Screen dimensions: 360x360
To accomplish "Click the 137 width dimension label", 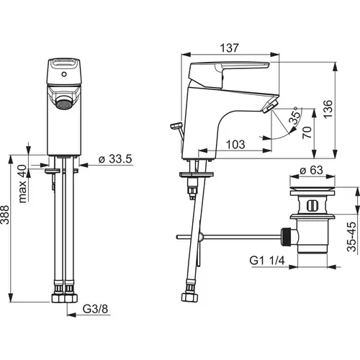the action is pyautogui.click(x=230, y=48).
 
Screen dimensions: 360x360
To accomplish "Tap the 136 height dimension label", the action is pyautogui.click(x=328, y=109).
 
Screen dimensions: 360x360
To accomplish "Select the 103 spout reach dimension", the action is pyautogui.click(x=235, y=145).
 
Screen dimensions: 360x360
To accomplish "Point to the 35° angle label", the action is pyautogui.click(x=295, y=116).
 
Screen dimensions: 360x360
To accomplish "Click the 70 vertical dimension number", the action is pyautogui.click(x=307, y=132).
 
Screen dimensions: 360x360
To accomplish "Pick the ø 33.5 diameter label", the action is pyautogui.click(x=115, y=159).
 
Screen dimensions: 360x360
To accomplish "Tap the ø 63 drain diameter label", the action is pyautogui.click(x=312, y=171).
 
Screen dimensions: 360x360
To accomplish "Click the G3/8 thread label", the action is pyautogui.click(x=95, y=309).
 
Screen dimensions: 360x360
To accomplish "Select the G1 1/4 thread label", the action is pyautogui.click(x=267, y=260).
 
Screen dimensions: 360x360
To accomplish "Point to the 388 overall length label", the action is pyautogui.click(x=5, y=215).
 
